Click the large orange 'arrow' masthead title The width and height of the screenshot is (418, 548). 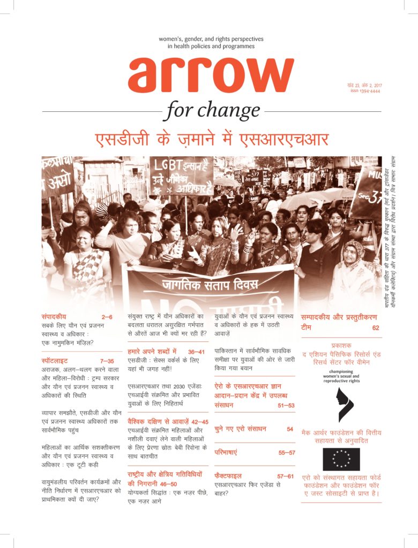pyautogui.click(x=211, y=75)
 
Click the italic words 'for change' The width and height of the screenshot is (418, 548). pyautogui.click(x=213, y=111)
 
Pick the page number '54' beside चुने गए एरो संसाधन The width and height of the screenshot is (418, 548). pyautogui.click(x=290, y=429)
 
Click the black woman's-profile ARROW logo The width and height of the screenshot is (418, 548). pyautogui.click(x=341, y=405)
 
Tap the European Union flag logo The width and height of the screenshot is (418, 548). pyautogui.click(x=341, y=459)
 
